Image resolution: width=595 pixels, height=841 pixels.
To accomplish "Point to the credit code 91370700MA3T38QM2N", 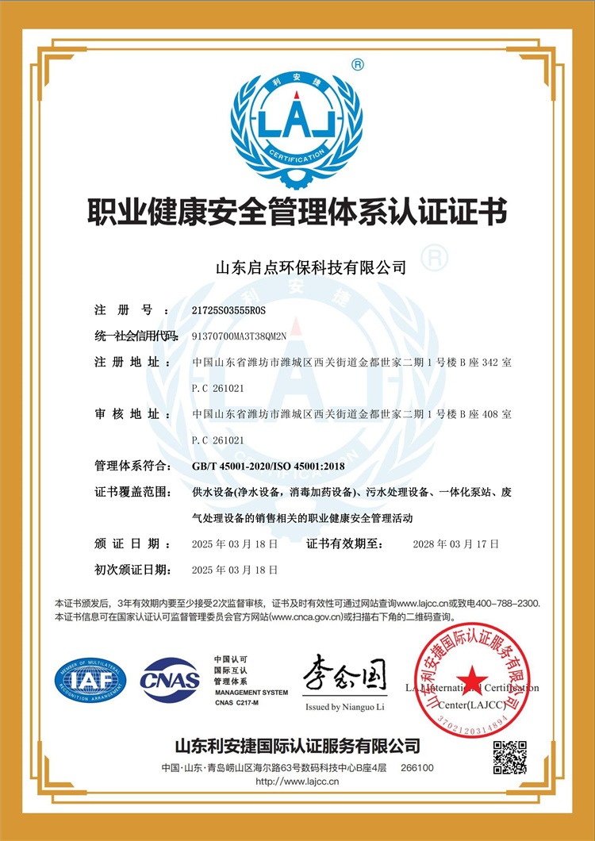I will [249, 336].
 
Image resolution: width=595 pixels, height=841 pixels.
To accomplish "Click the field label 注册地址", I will [127, 362].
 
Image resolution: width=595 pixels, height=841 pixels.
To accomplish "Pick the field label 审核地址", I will [127, 414].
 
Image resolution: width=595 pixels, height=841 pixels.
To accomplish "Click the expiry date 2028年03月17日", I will [456, 543].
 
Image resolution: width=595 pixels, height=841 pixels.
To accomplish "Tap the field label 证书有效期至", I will [345, 543].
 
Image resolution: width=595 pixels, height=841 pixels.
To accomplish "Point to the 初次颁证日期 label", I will [132, 570].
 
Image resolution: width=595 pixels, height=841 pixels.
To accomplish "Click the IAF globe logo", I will [90, 680].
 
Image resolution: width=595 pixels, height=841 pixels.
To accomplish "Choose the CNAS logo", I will [170, 680].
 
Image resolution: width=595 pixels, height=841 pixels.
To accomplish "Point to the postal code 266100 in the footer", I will [417, 768].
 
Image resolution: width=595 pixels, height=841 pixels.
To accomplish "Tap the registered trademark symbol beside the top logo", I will [358, 64].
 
